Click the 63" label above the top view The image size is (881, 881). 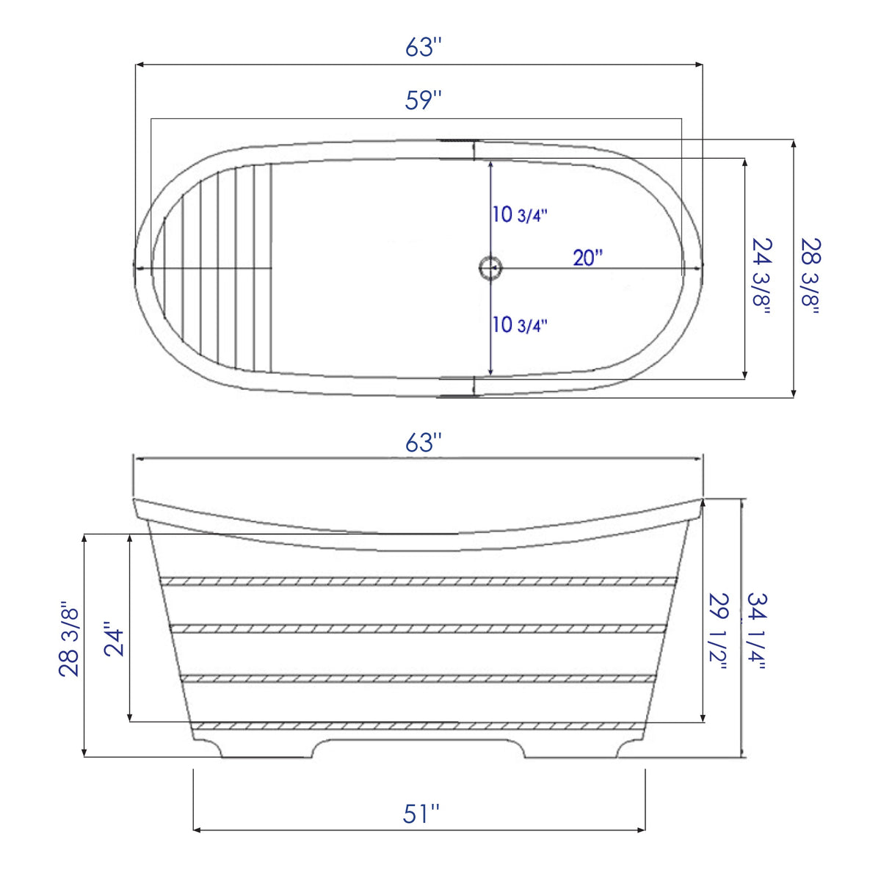pyautogui.click(x=424, y=48)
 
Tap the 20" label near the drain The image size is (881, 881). pyautogui.click(x=587, y=258)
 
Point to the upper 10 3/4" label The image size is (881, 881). pyautogui.click(x=520, y=215)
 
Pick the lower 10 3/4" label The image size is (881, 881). pyautogui.click(x=520, y=325)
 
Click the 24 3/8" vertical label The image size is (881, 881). pyautogui.click(x=761, y=275)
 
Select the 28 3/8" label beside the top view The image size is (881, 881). pyautogui.click(x=811, y=275)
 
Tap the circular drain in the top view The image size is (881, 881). pyautogui.click(x=490, y=268)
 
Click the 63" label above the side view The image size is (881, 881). pyautogui.click(x=424, y=443)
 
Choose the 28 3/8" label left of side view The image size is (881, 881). pyautogui.click(x=69, y=639)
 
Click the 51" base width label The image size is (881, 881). pyautogui.click(x=421, y=813)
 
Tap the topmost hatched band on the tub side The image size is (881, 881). pyautogui.click(x=418, y=581)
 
